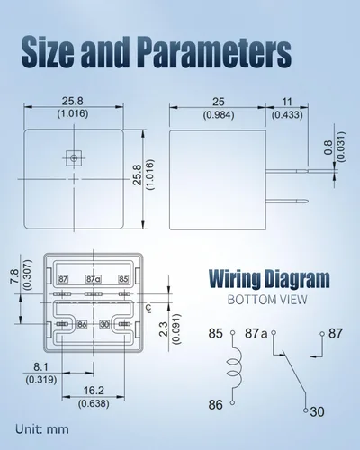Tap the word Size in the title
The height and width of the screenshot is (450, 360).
[48, 51]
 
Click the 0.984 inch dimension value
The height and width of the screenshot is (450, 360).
[219, 115]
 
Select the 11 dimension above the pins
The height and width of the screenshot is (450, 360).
[287, 102]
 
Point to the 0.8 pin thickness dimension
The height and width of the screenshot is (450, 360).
[328, 147]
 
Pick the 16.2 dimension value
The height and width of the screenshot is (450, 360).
[94, 391]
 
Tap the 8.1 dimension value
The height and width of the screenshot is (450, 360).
[40, 367]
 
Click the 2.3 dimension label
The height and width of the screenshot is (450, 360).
[164, 328]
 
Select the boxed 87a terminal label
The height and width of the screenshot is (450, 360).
[94, 279]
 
